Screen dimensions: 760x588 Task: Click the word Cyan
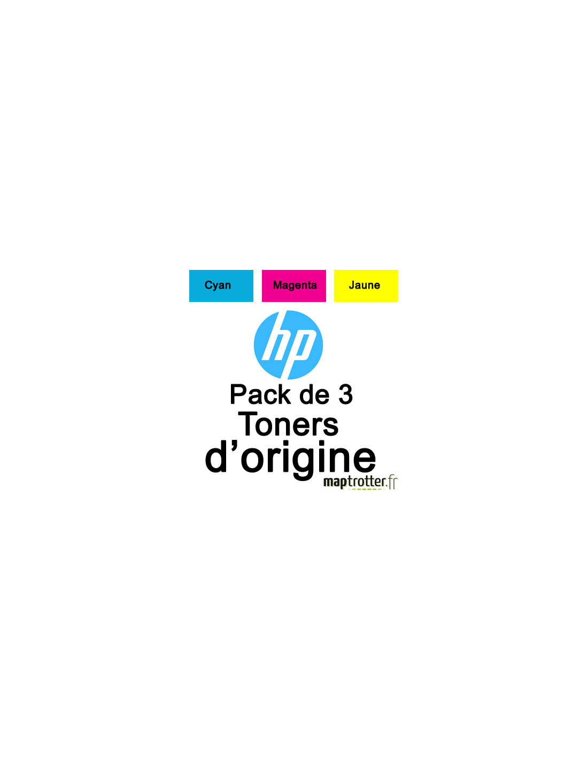pyautogui.click(x=218, y=285)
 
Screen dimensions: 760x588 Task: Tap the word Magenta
pyautogui.click(x=295, y=285)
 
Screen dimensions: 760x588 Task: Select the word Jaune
pyautogui.click(x=365, y=285)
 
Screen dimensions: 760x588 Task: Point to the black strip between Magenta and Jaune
pyautogui.click(x=330, y=286)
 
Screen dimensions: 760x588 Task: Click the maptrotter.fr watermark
pyautogui.click(x=361, y=482)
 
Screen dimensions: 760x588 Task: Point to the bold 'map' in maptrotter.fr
pyautogui.click(x=336, y=482)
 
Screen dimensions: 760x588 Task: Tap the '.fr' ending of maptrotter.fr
pyautogui.click(x=392, y=482)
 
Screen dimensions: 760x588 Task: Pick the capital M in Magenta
pyautogui.click(x=277, y=285)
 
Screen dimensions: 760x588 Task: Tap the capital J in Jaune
pyautogui.click(x=352, y=285)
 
